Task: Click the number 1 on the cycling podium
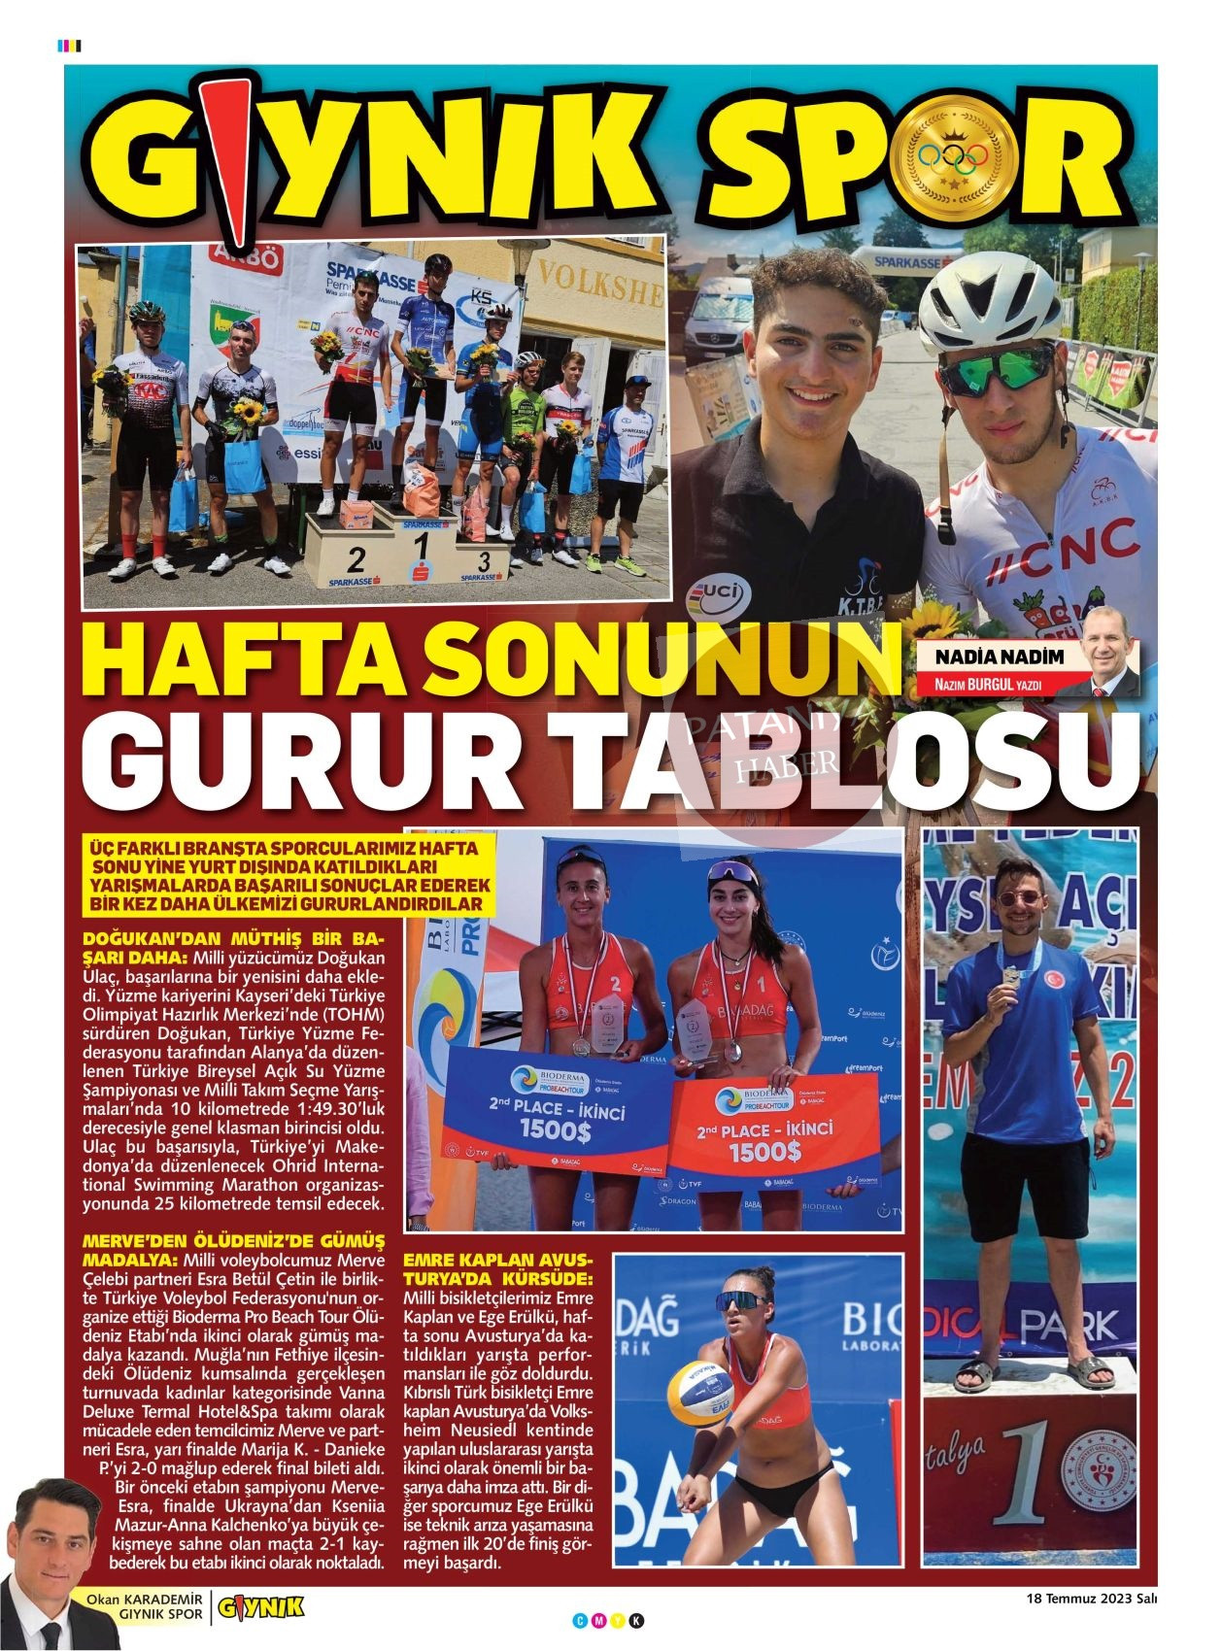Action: (422, 545)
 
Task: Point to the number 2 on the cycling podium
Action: (356, 558)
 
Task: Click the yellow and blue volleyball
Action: (698, 1386)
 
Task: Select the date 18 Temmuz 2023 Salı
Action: (1092, 1599)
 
